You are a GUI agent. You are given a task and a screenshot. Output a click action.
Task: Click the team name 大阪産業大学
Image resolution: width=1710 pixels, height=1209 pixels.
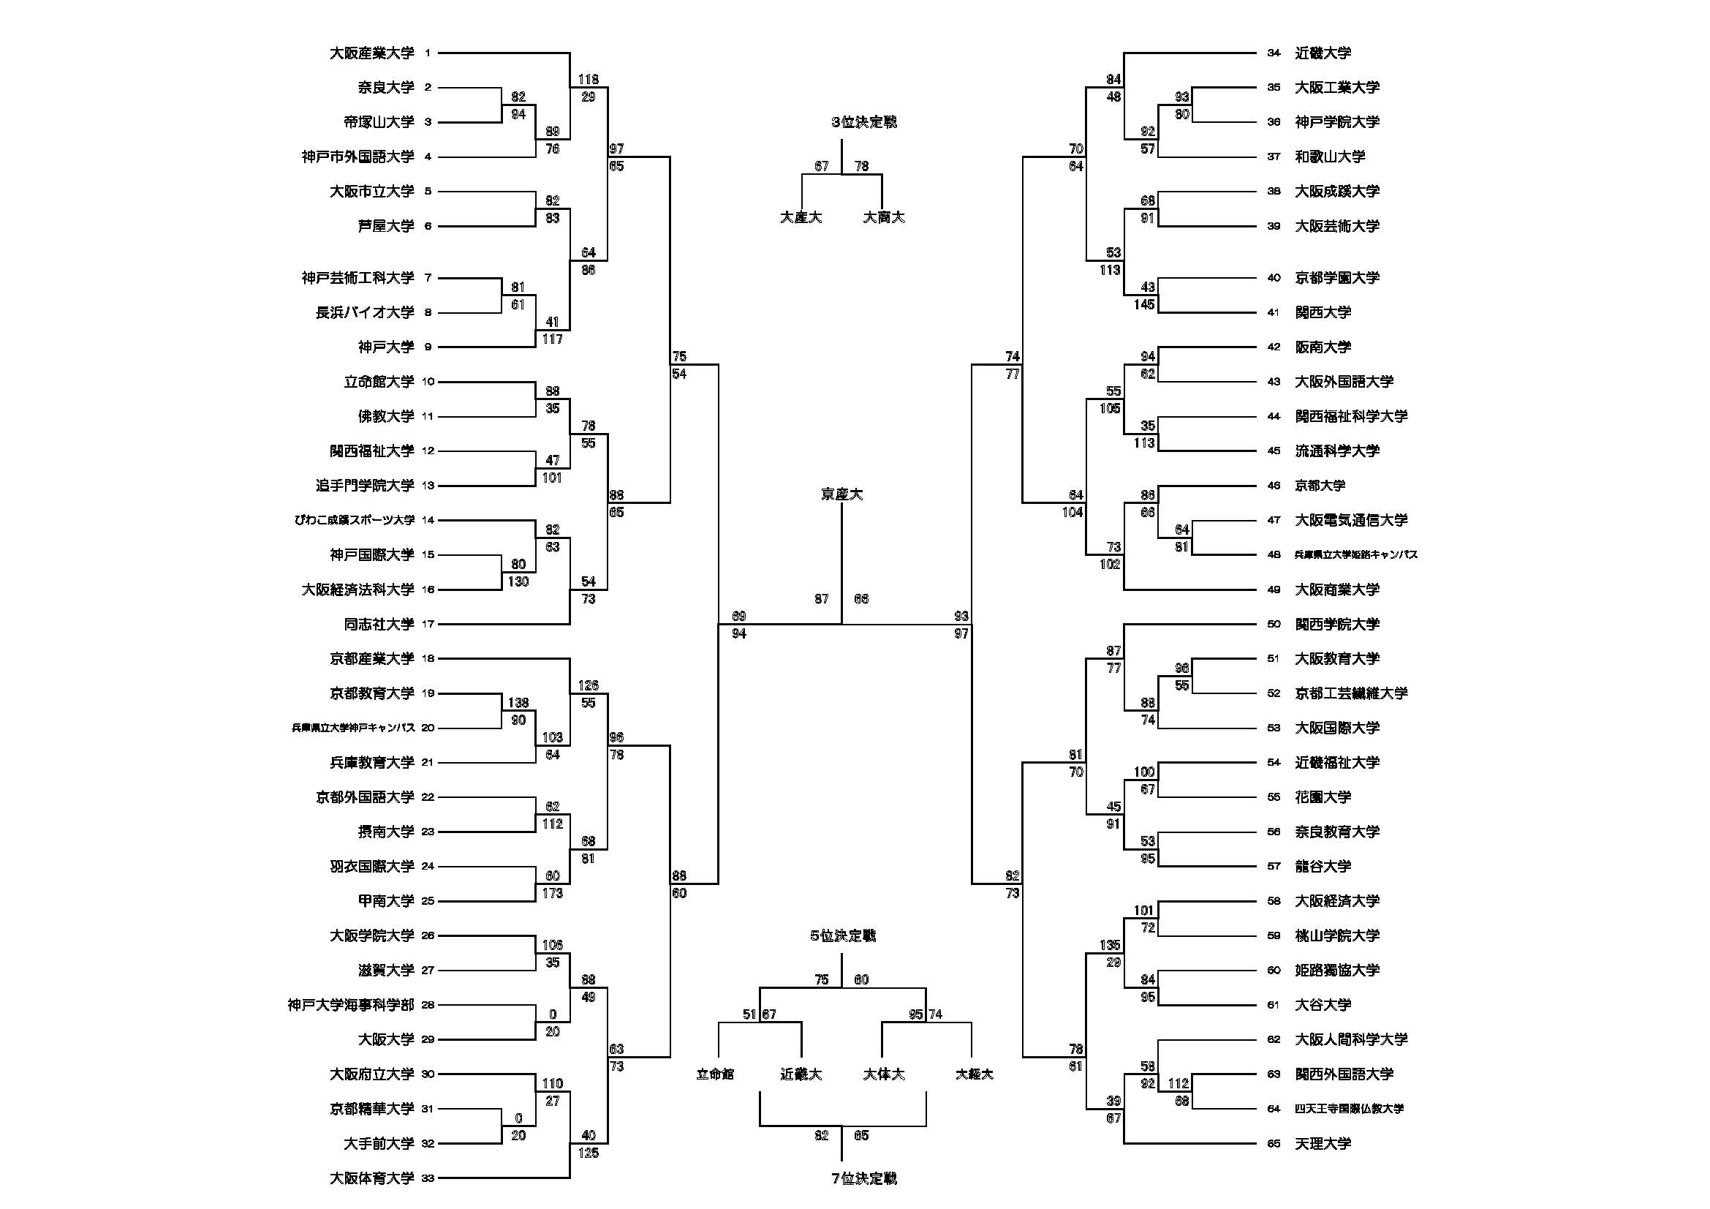(x=371, y=53)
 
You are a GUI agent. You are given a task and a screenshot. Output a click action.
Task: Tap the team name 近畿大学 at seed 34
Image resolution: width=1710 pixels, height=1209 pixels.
(x=1323, y=53)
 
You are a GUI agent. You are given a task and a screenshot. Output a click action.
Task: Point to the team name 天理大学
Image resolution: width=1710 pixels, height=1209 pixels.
(x=1323, y=1143)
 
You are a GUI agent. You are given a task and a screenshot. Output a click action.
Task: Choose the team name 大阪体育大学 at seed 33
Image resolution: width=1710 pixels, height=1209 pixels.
(x=371, y=1178)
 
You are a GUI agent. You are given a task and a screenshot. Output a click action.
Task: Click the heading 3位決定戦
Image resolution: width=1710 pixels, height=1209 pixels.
(x=864, y=122)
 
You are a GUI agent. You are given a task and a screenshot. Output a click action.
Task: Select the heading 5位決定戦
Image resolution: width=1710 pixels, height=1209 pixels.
(x=843, y=935)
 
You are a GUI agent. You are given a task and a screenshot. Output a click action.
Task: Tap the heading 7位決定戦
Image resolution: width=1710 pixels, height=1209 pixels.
(x=864, y=1178)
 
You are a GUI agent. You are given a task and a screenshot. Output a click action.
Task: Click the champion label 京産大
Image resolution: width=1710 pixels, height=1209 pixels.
(x=841, y=494)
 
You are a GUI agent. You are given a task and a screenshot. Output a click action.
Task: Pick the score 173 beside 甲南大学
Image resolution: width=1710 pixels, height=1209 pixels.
(x=553, y=893)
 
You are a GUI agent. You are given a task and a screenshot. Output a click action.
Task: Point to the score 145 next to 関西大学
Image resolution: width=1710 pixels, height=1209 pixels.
(x=1144, y=305)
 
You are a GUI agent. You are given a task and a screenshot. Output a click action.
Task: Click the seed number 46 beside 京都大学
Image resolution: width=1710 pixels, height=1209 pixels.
(x=1274, y=486)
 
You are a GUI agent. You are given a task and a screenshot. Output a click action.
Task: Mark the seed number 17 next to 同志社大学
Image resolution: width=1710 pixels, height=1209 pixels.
(x=428, y=624)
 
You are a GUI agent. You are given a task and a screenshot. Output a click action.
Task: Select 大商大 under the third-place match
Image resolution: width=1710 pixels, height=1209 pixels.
(x=884, y=217)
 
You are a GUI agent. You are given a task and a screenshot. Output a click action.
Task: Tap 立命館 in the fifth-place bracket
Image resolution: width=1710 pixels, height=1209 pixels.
(x=716, y=1074)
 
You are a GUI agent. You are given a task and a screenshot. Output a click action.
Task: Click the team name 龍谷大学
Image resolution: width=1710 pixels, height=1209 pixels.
(x=1323, y=866)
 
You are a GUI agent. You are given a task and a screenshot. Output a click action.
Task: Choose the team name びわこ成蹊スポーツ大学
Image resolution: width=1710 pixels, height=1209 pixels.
(x=355, y=520)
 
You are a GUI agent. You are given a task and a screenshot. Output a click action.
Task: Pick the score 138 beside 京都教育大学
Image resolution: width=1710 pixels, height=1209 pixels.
(x=518, y=702)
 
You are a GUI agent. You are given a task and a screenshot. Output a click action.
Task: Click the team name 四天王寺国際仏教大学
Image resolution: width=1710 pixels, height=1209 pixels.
(x=1349, y=1109)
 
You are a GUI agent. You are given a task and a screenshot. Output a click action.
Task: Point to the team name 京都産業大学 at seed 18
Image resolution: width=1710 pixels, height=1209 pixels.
(x=371, y=658)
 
